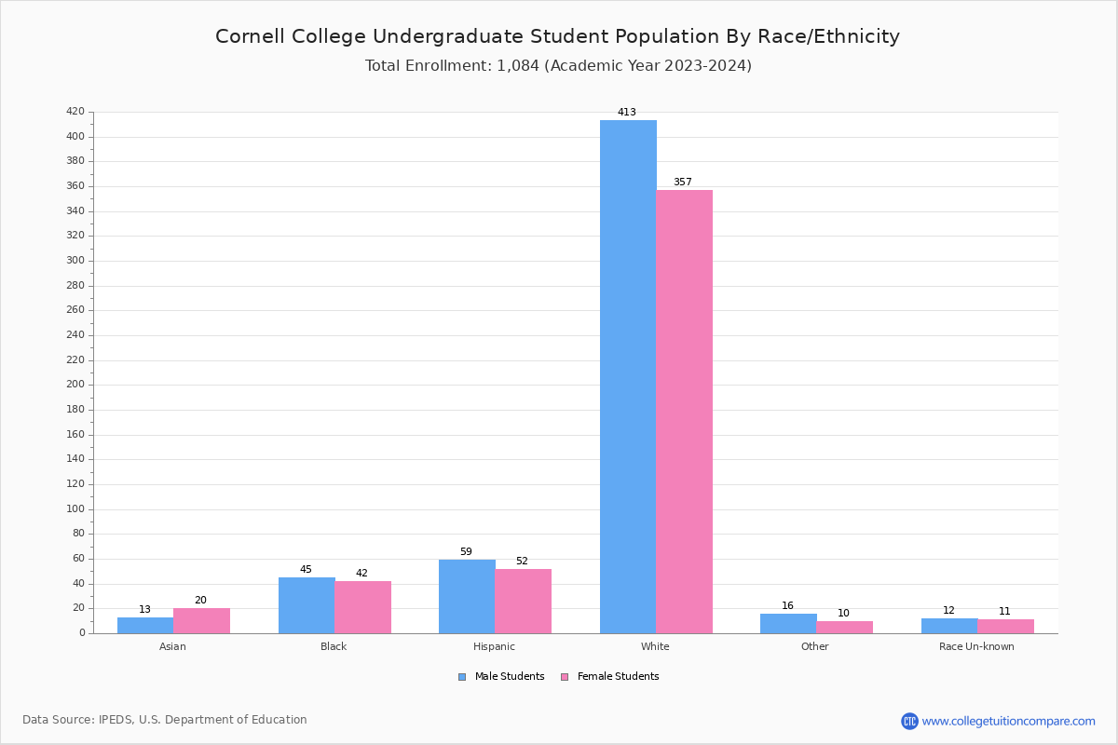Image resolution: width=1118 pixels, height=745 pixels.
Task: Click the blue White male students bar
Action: click(628, 376)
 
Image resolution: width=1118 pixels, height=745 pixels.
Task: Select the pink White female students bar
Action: click(684, 412)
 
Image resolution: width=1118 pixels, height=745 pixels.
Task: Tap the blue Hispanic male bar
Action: click(467, 596)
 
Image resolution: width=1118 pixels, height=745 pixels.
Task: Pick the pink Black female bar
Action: click(362, 607)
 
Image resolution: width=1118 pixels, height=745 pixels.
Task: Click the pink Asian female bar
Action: click(201, 620)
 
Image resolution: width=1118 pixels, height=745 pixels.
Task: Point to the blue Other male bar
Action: click(788, 623)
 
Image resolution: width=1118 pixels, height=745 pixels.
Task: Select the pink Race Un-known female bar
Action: click(1005, 626)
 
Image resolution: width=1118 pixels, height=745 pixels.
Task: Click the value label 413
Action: click(627, 113)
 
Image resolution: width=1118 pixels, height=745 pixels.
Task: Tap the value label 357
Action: click(683, 183)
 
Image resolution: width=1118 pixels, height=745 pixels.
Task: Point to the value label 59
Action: click(466, 552)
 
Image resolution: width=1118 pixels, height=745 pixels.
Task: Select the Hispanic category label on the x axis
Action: click(494, 646)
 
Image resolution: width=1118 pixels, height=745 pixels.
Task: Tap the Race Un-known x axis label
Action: click(976, 646)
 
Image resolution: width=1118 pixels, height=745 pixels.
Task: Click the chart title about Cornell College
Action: click(557, 36)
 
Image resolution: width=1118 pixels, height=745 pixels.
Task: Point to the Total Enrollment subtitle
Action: click(558, 66)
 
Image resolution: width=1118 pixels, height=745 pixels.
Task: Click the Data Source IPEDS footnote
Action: click(165, 720)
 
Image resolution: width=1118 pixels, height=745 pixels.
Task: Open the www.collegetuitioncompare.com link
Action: click(1008, 721)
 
